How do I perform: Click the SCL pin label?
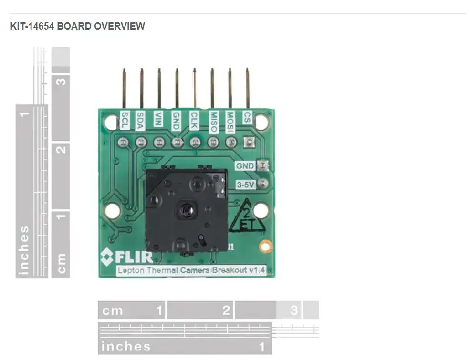click(x=125, y=121)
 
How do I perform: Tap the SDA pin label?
click(x=140, y=121)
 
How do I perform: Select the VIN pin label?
click(x=158, y=119)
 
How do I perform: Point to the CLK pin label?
click(x=194, y=121)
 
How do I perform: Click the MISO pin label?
click(x=213, y=122)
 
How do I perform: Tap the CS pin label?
click(x=247, y=118)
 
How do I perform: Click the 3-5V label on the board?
click(x=245, y=185)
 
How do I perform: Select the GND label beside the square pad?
click(x=245, y=166)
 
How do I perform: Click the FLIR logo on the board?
click(x=127, y=257)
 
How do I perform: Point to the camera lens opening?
click(x=187, y=209)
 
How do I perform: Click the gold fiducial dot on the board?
click(x=266, y=247)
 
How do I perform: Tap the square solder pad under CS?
click(x=249, y=142)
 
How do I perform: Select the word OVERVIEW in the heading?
click(x=119, y=26)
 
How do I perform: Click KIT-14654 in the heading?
click(x=32, y=26)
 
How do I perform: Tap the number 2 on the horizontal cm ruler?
click(x=226, y=310)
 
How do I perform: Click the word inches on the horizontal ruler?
click(x=126, y=347)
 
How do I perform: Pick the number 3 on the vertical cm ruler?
click(x=61, y=82)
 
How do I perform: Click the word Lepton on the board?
click(x=131, y=270)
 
